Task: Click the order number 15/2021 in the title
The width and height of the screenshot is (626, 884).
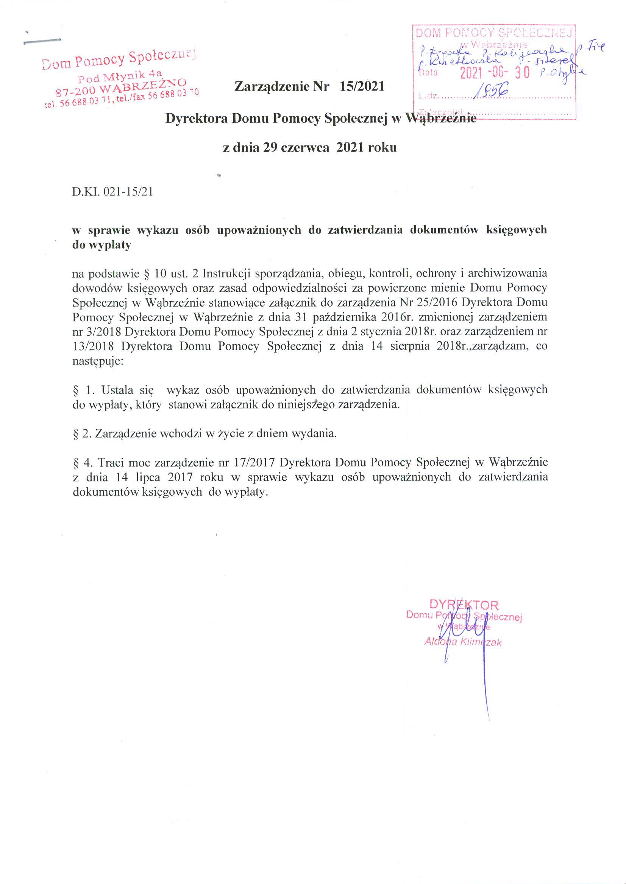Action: point(362,86)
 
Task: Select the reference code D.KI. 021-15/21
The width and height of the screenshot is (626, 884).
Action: point(112,192)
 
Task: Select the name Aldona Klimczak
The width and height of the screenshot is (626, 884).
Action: point(462,642)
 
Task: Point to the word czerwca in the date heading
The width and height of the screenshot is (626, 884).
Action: point(305,147)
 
